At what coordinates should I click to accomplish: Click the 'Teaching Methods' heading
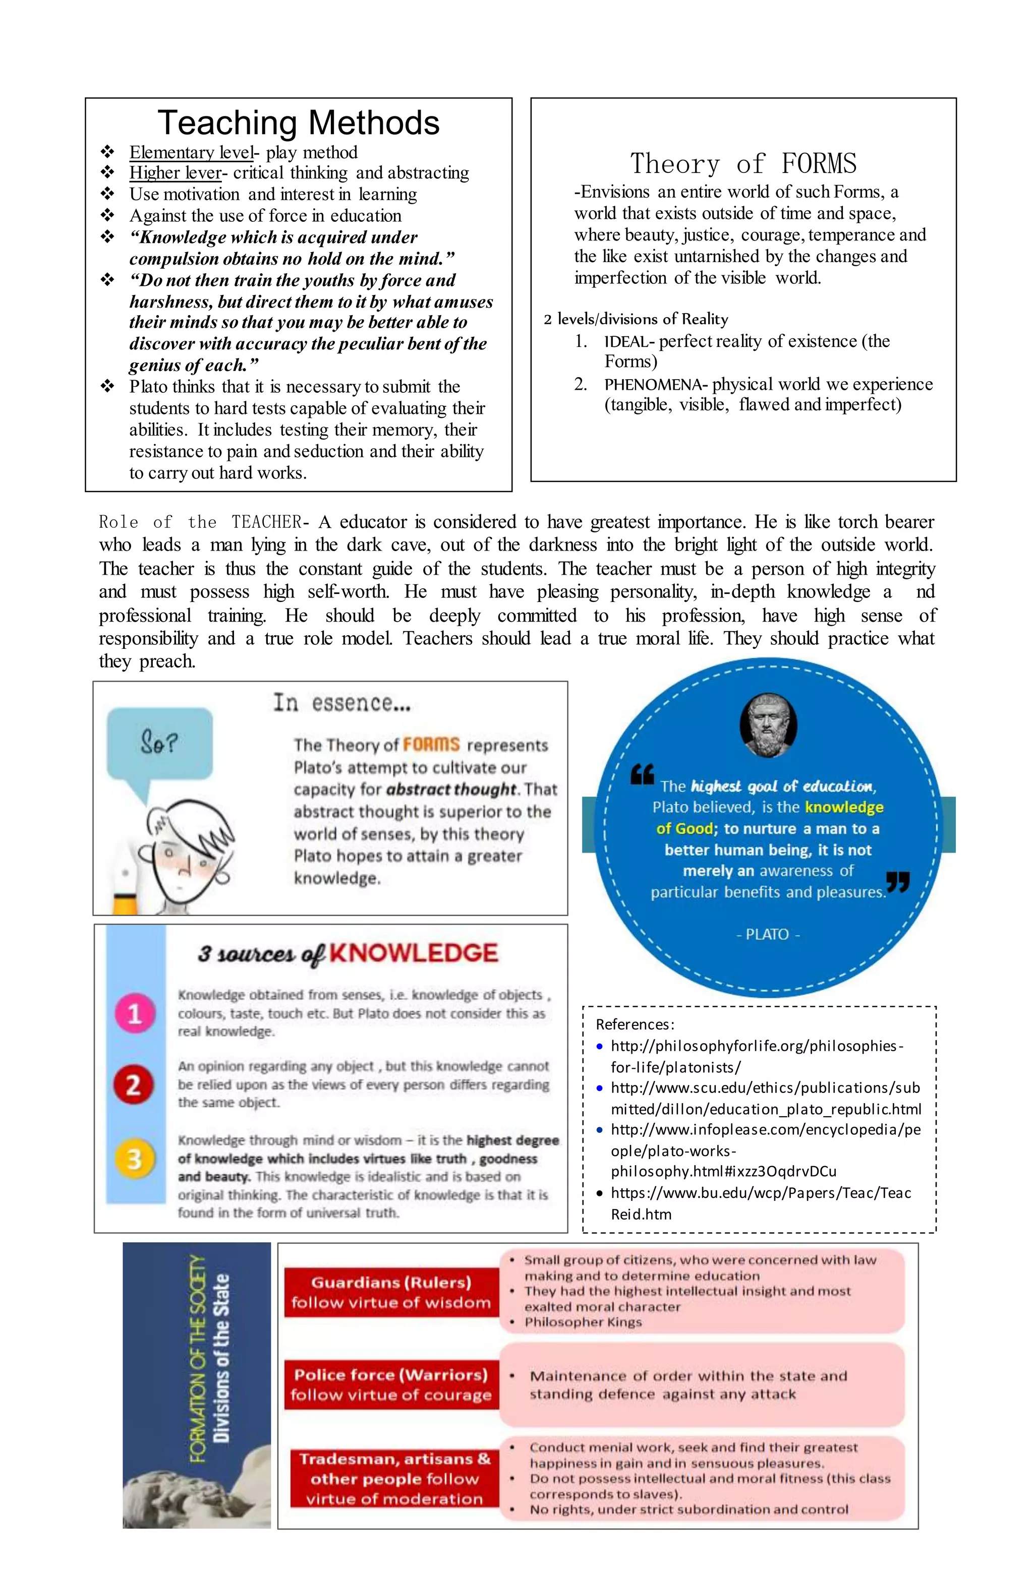point(298,124)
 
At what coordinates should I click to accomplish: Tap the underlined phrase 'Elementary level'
point(191,153)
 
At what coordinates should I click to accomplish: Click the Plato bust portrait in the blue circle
point(768,724)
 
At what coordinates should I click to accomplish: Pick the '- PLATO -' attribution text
point(768,934)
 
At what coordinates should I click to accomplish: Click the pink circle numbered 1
point(135,1013)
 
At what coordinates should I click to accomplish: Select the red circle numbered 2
point(134,1085)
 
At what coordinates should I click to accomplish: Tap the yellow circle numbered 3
point(134,1159)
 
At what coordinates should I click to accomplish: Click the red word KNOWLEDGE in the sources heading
point(413,953)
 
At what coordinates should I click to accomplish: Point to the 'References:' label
point(634,1024)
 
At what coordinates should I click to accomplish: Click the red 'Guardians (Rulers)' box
point(391,1292)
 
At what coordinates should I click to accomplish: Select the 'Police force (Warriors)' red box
point(391,1384)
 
